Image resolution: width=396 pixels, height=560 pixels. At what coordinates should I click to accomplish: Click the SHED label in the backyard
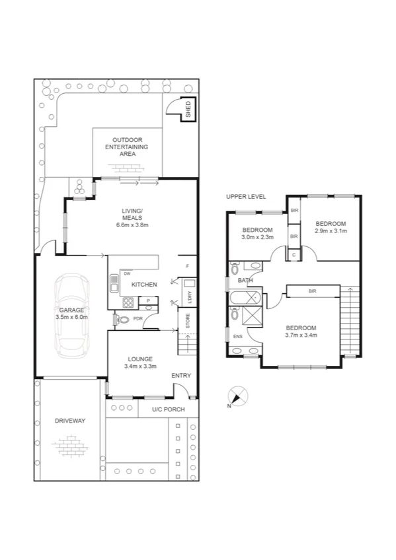188,108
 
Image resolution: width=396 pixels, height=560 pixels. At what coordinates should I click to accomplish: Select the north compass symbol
237,397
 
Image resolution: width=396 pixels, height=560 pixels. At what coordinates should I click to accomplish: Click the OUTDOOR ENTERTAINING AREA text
128,147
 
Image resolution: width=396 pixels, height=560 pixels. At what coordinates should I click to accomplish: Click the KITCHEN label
143,285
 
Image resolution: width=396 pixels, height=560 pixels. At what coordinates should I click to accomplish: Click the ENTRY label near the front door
180,375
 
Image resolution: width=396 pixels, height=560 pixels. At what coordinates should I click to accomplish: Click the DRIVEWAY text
70,421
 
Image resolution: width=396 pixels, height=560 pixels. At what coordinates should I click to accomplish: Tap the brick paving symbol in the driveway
71,448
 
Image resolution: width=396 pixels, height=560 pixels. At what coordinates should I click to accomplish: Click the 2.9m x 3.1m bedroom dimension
330,232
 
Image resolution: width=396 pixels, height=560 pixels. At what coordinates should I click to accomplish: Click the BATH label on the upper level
245,280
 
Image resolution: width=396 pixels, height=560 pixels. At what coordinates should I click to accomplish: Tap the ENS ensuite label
237,337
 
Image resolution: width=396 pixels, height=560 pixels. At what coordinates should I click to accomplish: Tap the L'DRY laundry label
189,297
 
